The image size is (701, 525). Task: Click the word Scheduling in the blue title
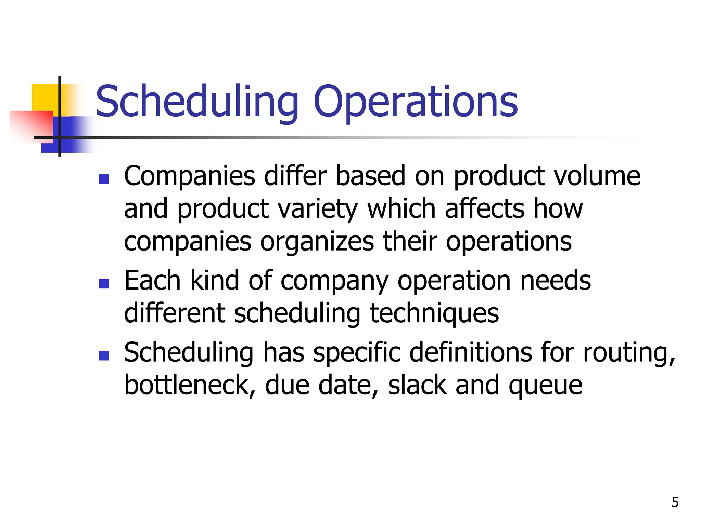(197, 102)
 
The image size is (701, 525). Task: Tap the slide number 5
(675, 502)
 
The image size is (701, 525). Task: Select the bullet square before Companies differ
(103, 179)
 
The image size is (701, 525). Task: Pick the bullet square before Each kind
(103, 284)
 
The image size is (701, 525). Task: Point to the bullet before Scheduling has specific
(103, 356)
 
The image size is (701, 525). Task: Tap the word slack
(417, 385)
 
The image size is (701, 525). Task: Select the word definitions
(470, 352)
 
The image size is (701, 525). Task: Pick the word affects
(484, 209)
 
